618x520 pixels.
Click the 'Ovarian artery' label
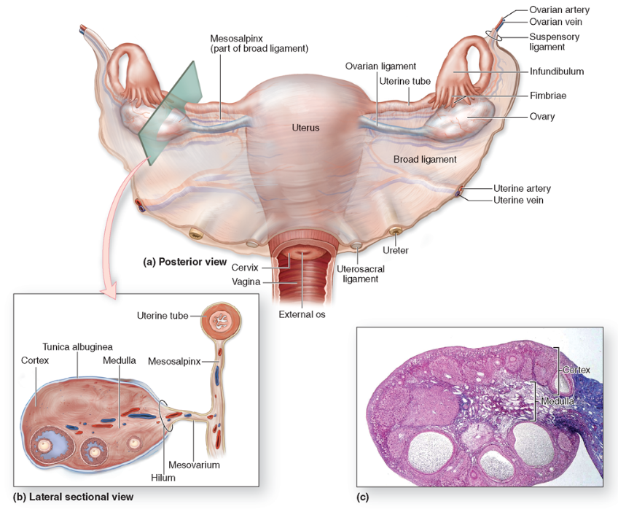click(559, 10)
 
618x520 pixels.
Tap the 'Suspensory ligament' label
click(557, 42)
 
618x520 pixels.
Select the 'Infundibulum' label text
click(557, 71)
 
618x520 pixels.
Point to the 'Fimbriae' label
click(549, 96)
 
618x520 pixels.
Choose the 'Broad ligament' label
click(425, 159)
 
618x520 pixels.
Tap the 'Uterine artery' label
click(522, 188)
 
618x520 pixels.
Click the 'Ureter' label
click(396, 250)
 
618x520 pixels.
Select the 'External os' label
click(301, 315)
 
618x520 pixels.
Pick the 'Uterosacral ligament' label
click(360, 273)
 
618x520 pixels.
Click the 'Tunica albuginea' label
click(77, 346)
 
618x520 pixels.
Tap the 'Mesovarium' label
click(194, 465)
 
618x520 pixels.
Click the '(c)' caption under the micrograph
click(363, 498)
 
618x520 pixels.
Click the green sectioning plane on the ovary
click(168, 109)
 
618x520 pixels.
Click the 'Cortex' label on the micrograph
click(575, 370)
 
